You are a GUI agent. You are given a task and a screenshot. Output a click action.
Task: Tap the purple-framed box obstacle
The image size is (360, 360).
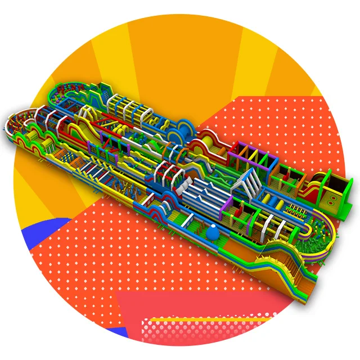[x=248, y=151]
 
